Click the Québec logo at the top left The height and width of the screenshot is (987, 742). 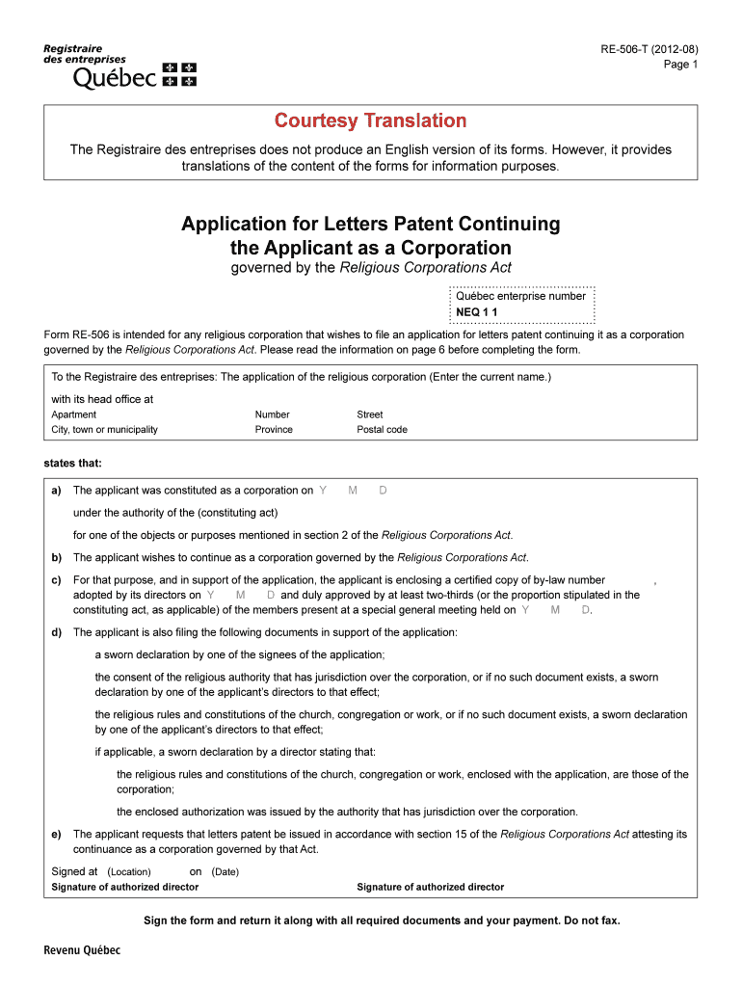pos(119,65)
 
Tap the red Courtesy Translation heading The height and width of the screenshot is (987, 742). pos(370,120)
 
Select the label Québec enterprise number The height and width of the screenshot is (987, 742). pos(520,297)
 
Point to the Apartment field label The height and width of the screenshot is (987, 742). pos(73,414)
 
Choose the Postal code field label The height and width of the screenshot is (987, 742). pos(382,430)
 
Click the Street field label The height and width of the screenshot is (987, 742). pos(370,414)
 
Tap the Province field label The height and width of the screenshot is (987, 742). pos(274,430)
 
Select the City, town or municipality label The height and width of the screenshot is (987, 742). pos(104,430)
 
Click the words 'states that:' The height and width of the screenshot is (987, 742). pos(72,463)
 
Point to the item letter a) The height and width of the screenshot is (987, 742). pos(56,491)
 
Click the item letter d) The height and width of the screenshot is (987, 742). pos(56,632)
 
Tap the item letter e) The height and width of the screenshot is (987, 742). pos(56,834)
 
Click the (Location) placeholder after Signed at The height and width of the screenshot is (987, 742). pos(129,872)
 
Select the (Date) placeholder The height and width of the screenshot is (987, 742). pos(225,872)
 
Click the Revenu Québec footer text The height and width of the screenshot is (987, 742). pos(82,950)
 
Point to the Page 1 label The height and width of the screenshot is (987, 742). pos(680,65)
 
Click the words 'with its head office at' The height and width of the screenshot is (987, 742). pos(101,399)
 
